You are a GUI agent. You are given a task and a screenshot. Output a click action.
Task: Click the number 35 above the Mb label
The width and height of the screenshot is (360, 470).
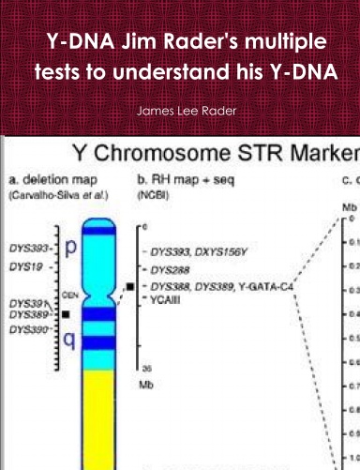(x=143, y=370)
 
